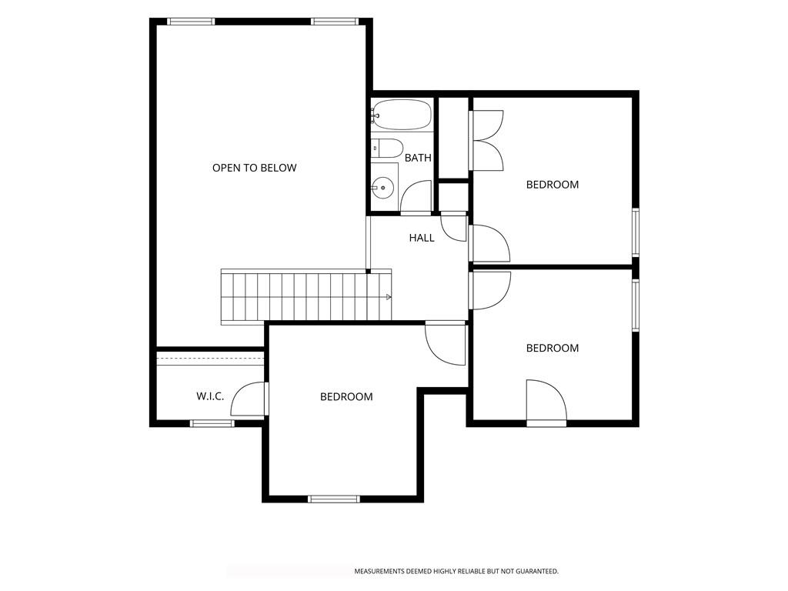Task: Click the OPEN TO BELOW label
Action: pos(254,168)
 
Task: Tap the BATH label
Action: pos(418,158)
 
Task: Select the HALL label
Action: pos(422,238)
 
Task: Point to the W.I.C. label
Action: pos(210,396)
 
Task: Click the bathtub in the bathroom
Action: pos(402,114)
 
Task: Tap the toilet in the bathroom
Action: pos(387,149)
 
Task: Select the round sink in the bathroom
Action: pos(383,188)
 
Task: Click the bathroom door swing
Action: pos(416,196)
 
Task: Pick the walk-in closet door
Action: pos(249,399)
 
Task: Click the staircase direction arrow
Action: pos(389,297)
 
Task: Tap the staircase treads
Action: pos(306,296)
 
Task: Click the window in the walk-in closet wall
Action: pos(212,423)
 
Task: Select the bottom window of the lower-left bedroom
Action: pos(334,499)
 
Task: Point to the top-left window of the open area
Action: pos(191,22)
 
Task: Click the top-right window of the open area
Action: pos(334,22)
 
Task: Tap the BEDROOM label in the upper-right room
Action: pos(553,185)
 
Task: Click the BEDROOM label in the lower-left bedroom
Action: pos(346,396)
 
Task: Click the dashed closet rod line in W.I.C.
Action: pos(210,358)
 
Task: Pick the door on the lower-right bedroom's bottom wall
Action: pos(547,402)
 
